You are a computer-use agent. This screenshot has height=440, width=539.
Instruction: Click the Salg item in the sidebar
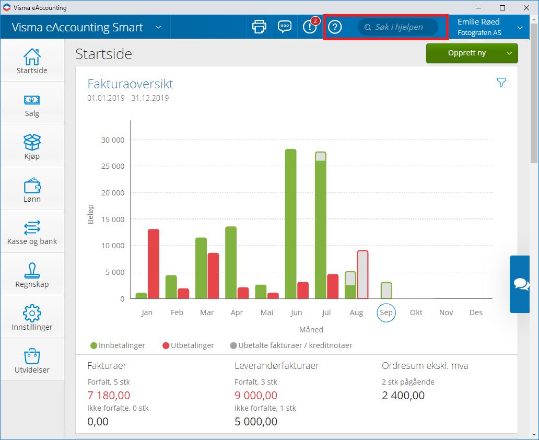click(x=32, y=104)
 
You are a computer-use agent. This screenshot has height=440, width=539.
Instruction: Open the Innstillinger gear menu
click(x=32, y=317)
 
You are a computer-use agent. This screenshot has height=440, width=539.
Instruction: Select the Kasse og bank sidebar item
click(x=32, y=232)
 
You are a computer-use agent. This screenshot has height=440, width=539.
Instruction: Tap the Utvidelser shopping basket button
click(x=32, y=360)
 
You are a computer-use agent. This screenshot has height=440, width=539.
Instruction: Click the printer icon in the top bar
click(x=259, y=27)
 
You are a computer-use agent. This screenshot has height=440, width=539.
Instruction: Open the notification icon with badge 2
click(x=310, y=27)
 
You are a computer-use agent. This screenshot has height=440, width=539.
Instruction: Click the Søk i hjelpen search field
click(x=398, y=27)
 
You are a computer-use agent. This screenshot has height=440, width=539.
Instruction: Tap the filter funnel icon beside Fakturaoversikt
click(x=501, y=83)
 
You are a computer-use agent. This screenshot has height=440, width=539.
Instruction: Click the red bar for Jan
click(x=154, y=264)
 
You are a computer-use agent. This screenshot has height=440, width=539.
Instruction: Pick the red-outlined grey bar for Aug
click(x=362, y=275)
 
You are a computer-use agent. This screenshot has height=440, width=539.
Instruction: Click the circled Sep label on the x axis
click(x=386, y=312)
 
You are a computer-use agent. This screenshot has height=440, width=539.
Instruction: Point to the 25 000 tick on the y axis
click(x=112, y=166)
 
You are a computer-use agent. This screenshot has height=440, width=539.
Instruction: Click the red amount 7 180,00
click(x=109, y=395)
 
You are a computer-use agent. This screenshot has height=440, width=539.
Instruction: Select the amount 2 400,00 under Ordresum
click(x=403, y=395)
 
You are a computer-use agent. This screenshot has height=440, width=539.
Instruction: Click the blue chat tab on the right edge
click(x=520, y=284)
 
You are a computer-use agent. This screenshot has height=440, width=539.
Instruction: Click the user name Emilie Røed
click(x=478, y=22)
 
